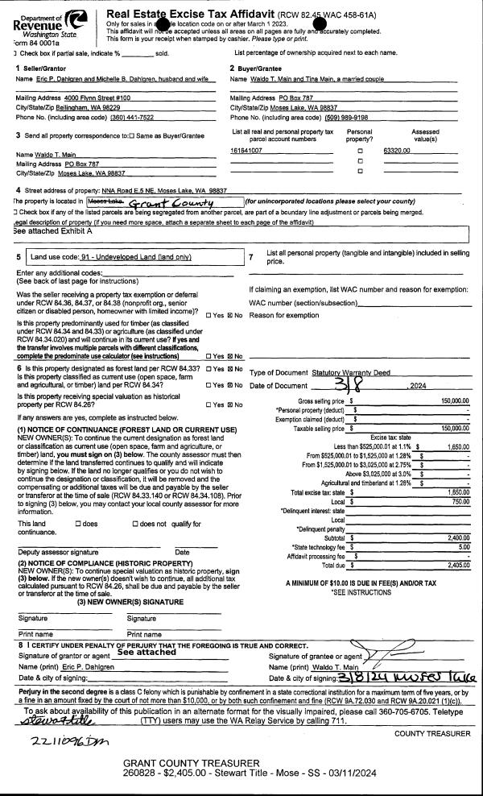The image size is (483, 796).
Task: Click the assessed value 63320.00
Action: [398, 151]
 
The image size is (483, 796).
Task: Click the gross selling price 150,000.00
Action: [454, 400]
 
